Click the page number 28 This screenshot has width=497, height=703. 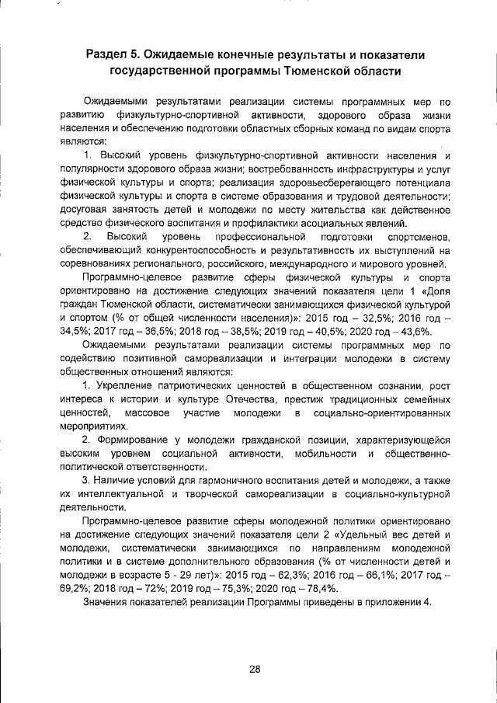pyautogui.click(x=254, y=670)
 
